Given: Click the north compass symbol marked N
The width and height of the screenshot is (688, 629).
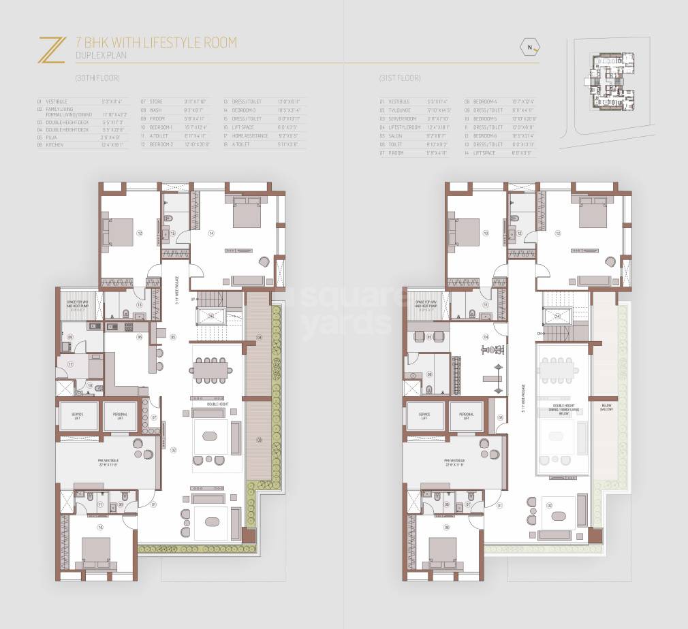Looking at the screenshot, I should (x=529, y=47).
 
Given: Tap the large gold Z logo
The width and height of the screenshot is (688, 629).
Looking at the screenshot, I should (x=51, y=50).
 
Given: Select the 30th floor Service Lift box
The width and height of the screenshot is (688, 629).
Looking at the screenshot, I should (x=80, y=416).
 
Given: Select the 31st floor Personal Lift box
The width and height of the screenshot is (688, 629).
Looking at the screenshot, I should (x=466, y=416).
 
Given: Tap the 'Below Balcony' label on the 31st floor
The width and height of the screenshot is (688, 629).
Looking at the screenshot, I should (x=606, y=408).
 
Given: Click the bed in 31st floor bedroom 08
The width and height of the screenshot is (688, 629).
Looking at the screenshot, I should (x=444, y=550).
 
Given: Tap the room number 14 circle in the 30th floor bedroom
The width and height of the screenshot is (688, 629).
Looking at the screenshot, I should (x=211, y=233).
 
